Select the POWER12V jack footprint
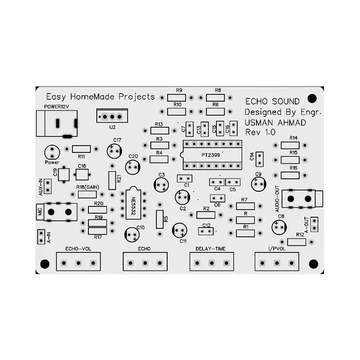click(x=56, y=123)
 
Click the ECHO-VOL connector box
click(x=78, y=261)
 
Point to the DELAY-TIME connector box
click(x=211, y=261)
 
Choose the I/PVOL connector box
click(x=277, y=261)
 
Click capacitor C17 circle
click(x=115, y=151)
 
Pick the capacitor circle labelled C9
click(x=258, y=184)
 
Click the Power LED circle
click(x=52, y=151)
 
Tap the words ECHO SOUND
click(x=268, y=102)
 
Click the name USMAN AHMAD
click(x=273, y=122)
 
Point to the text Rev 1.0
click(x=260, y=132)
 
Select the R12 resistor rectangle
click(x=296, y=242)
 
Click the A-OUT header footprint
click(x=314, y=224)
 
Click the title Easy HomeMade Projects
click(x=100, y=97)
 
